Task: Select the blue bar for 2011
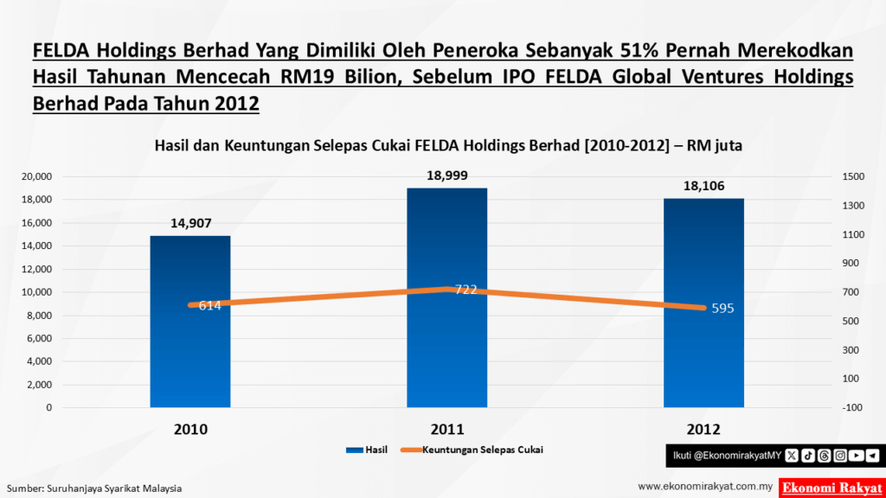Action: (x=446, y=363)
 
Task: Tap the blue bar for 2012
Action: (x=703, y=363)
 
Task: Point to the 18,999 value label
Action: (x=447, y=176)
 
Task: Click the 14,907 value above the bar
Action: (x=190, y=223)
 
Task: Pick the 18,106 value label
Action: (x=703, y=186)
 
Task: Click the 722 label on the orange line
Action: (x=466, y=290)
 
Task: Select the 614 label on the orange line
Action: (x=210, y=305)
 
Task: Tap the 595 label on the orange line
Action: (x=722, y=309)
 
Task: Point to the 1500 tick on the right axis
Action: (x=853, y=176)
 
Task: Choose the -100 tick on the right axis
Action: (x=853, y=407)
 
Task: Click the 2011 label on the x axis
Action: (x=447, y=430)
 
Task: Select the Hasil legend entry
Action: (x=366, y=450)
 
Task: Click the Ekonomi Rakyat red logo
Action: (x=830, y=487)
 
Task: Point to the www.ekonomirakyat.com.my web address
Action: (x=704, y=487)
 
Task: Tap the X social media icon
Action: (x=791, y=455)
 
